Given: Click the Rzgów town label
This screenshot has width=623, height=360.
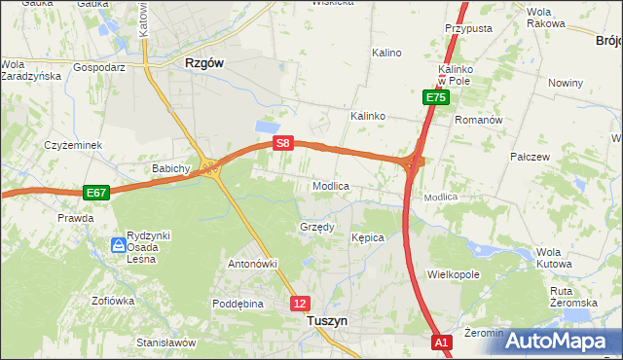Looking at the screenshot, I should (204, 62).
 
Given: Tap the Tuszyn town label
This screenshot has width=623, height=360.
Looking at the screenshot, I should (327, 319).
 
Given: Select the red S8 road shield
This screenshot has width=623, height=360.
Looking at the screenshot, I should (282, 143).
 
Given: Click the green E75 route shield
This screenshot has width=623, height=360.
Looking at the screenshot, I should (435, 97).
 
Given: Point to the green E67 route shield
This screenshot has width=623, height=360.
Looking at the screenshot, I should (95, 193).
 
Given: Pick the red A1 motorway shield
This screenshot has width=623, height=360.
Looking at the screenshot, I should (442, 342).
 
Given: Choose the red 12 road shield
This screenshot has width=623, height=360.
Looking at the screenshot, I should (301, 304).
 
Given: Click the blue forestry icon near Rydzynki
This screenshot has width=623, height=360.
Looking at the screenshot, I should (118, 244).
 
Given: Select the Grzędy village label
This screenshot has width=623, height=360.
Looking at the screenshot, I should (316, 228).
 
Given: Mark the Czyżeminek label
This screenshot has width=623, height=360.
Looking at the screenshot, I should (73, 145).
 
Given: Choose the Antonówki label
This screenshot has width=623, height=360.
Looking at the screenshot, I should (253, 264).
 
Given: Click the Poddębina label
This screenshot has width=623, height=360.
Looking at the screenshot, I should (238, 304).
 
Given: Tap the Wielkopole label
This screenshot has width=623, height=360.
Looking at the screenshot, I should (454, 275).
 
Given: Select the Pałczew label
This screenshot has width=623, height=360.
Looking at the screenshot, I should (531, 156).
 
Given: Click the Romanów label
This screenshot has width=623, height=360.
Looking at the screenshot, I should (478, 120).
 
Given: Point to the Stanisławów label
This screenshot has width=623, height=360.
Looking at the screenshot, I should (166, 342).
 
